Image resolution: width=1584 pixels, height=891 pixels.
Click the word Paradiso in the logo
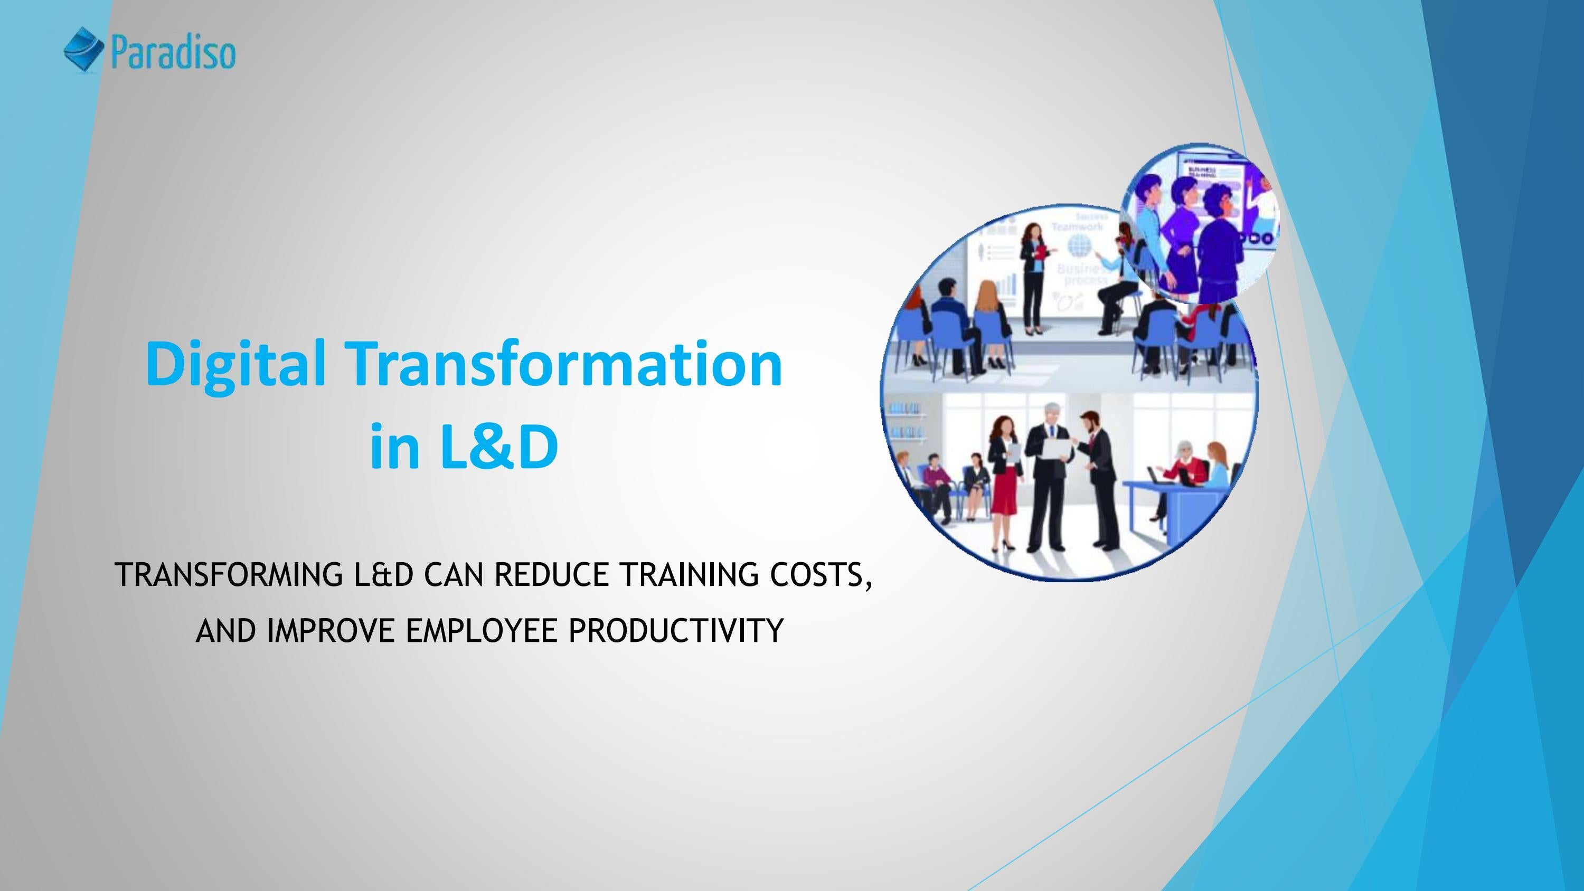coord(173,53)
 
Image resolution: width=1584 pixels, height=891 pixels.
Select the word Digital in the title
coord(235,364)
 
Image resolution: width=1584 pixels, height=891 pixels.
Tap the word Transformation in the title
coord(565,364)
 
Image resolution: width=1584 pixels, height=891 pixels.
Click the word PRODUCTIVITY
coord(675,630)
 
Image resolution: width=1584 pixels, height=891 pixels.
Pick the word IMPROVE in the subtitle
coord(330,630)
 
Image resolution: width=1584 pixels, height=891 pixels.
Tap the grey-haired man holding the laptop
coord(1049,467)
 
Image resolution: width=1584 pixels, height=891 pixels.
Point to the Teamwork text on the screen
coord(1077,227)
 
